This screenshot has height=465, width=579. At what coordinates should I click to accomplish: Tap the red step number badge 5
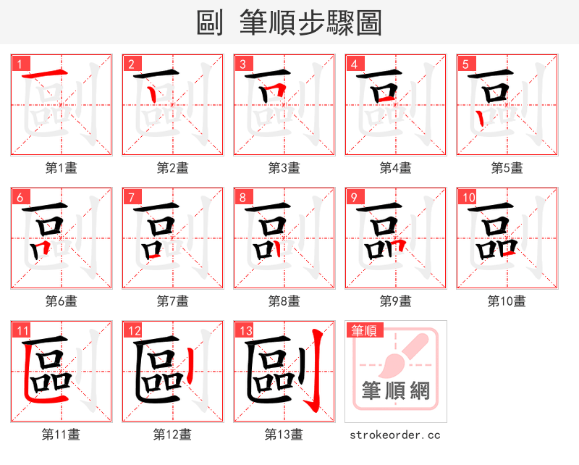pyautogui.click(x=465, y=64)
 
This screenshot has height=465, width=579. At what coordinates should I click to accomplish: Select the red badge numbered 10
pyautogui.click(x=468, y=197)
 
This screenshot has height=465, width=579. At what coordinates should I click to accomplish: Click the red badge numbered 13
pyautogui.click(x=245, y=331)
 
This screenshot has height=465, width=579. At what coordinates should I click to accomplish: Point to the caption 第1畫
pyautogui.click(x=62, y=167)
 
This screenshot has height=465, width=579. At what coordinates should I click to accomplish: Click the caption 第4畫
pyautogui.click(x=395, y=167)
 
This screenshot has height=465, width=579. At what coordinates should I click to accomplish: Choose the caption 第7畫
pyautogui.click(x=172, y=301)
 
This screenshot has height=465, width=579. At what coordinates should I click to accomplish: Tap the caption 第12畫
pyautogui.click(x=172, y=434)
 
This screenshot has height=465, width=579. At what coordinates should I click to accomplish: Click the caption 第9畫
pyautogui.click(x=395, y=301)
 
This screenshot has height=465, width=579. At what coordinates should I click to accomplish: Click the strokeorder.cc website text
pyautogui.click(x=395, y=435)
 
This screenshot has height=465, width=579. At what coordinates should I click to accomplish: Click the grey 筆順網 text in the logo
pyautogui.click(x=395, y=392)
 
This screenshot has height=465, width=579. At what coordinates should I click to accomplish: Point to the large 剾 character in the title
pyautogui.click(x=210, y=22)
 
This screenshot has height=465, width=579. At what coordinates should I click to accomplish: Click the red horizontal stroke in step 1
pyautogui.click(x=41, y=75)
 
